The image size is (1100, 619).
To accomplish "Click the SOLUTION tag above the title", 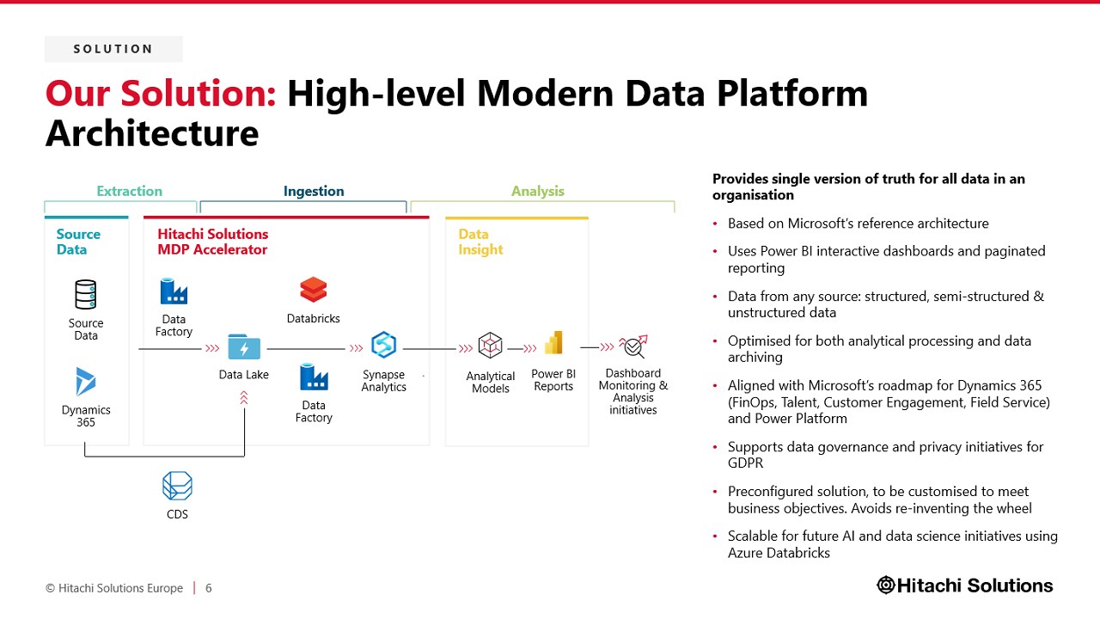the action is pos(113,49).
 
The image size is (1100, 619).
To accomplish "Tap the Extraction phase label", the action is pos(129,191).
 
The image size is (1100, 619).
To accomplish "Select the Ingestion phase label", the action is pos(314,191).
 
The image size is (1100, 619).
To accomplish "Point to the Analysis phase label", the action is pos(538,191).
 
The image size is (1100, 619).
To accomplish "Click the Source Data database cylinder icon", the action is pos(85,294).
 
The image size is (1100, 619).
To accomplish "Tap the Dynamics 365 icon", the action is pos(85,381).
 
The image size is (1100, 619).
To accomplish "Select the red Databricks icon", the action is pos(314,290).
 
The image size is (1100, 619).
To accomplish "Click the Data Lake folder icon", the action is pos(244,346).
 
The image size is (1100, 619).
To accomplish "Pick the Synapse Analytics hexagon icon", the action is pos(383,345).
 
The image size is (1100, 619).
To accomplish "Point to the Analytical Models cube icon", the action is pos(490,345).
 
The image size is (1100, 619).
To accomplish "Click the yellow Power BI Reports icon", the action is pos(553,342).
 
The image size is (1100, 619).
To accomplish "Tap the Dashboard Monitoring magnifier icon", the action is pos(633,346).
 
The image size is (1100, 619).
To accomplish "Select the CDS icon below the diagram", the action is pos(177,486).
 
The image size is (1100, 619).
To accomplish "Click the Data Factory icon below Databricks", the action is pos(314,377).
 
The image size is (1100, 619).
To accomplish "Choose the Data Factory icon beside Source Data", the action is pos(174,291).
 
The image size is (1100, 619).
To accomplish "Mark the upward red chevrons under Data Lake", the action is pos(244,397).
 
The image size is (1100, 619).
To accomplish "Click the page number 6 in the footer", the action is pos(209,588).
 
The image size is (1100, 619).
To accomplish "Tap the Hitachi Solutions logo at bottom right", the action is pos(965,585).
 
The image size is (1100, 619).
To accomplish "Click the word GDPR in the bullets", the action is pos(745,463).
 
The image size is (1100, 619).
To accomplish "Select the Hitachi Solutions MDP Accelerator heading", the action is pos(213,242).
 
